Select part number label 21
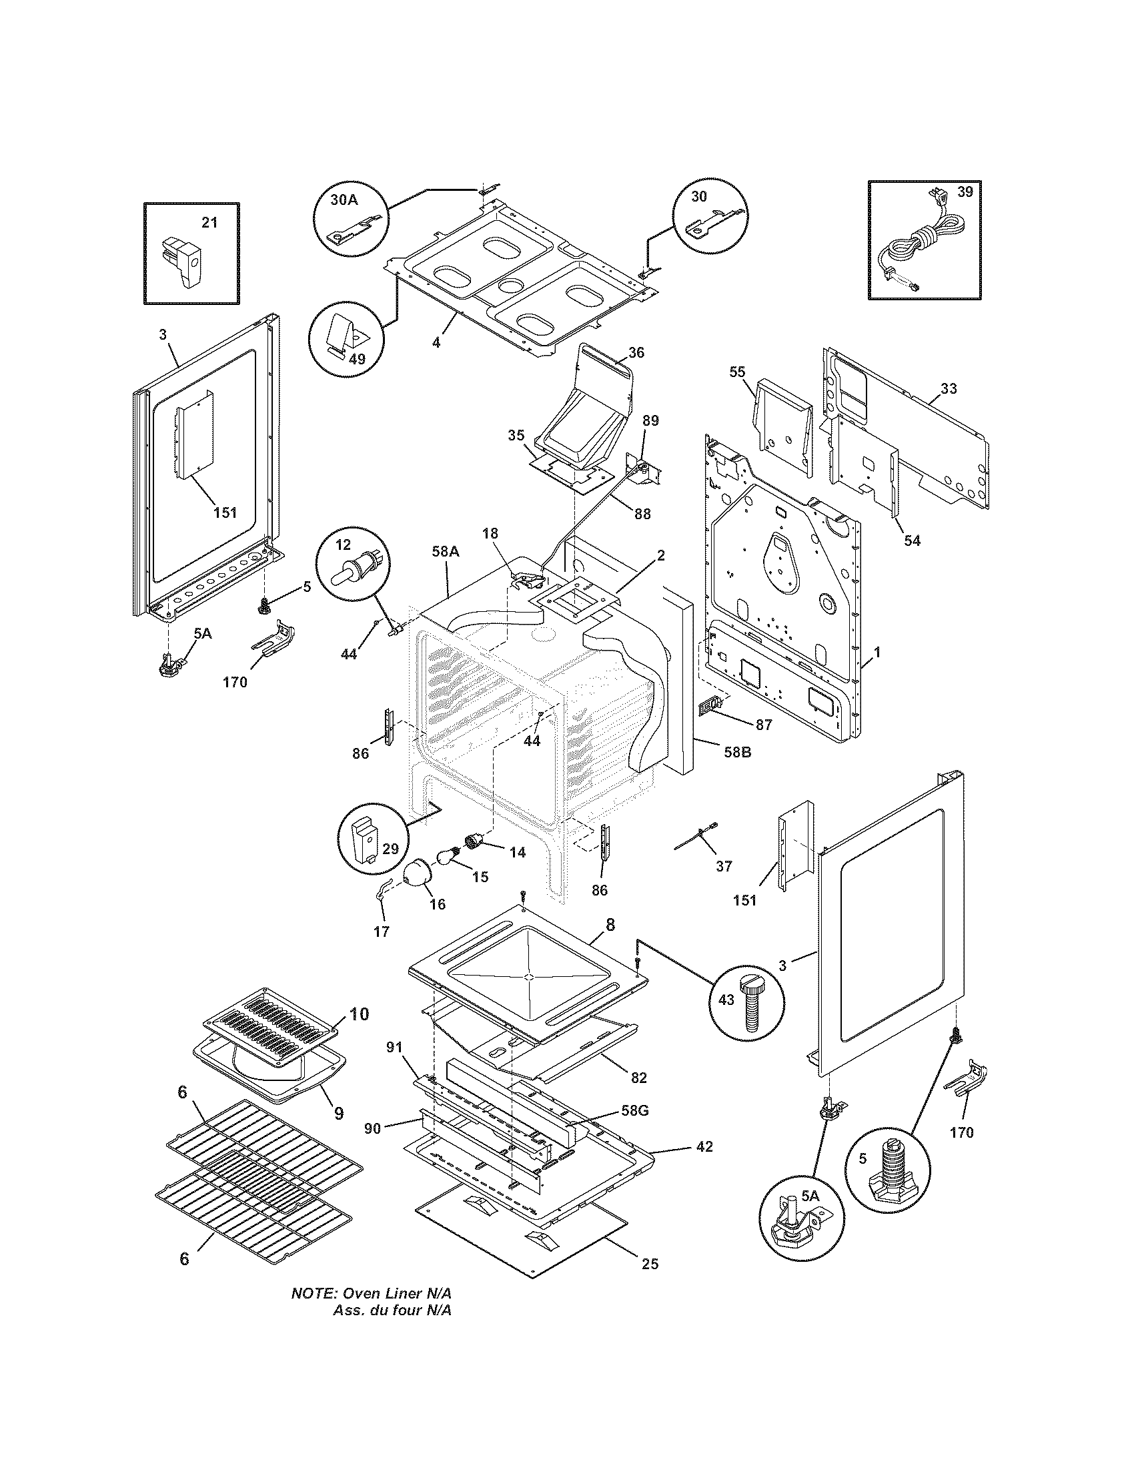click(209, 222)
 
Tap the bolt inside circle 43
click(750, 1020)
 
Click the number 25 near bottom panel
click(650, 1264)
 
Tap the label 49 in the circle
click(357, 359)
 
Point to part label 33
click(949, 388)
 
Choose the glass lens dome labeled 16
click(418, 874)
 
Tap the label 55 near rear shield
click(737, 371)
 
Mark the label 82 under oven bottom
click(638, 1078)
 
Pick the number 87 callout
click(764, 725)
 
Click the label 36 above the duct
click(636, 352)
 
